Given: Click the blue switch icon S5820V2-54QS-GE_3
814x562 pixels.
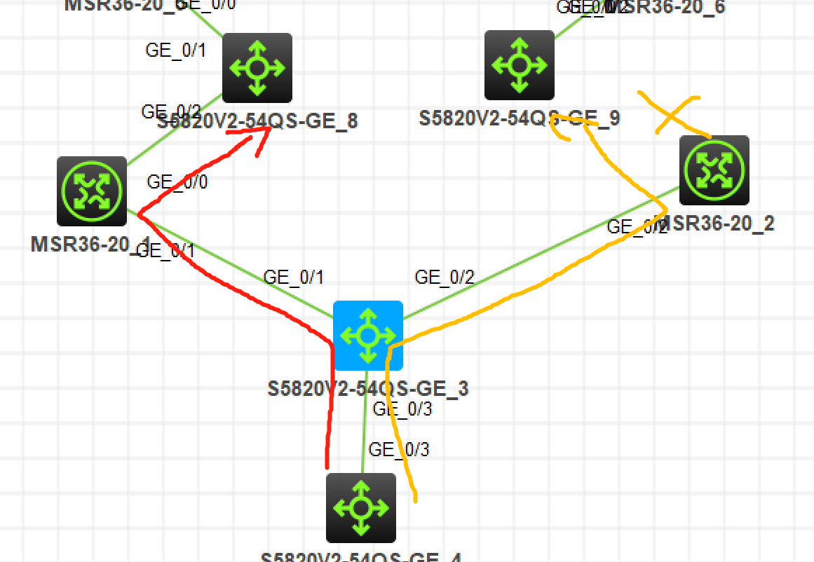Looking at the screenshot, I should pyautogui.click(x=368, y=335).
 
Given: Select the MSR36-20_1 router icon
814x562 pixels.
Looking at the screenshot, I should pyautogui.click(x=92, y=191).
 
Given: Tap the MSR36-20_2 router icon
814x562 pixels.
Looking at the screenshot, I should pyautogui.click(x=714, y=170).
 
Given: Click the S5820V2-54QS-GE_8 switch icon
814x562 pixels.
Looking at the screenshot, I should pyautogui.click(x=257, y=68).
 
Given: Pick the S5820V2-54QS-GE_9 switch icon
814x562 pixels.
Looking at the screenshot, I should pyautogui.click(x=520, y=65).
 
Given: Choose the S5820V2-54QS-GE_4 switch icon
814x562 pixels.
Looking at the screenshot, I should pyautogui.click(x=361, y=508).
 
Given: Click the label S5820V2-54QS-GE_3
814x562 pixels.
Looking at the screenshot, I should pyautogui.click(x=368, y=388).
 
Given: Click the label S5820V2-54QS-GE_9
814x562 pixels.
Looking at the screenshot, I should pyautogui.click(x=520, y=118).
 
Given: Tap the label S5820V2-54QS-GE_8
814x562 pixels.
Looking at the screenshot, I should pyautogui.click(x=257, y=121).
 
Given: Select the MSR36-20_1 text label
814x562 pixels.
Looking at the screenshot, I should pyautogui.click(x=90, y=245).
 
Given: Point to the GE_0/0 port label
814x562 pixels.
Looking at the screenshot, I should pyautogui.click(x=177, y=182).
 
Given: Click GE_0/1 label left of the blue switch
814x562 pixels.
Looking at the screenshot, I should pyautogui.click(x=294, y=277).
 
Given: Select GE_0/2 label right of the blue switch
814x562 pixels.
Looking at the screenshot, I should pyautogui.click(x=445, y=277).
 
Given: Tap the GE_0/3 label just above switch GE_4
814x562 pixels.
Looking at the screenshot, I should pyautogui.click(x=399, y=450).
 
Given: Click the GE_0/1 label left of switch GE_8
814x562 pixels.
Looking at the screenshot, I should pyautogui.click(x=175, y=50).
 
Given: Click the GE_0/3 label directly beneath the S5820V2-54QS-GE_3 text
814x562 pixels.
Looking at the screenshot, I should pyautogui.click(x=402, y=409).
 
